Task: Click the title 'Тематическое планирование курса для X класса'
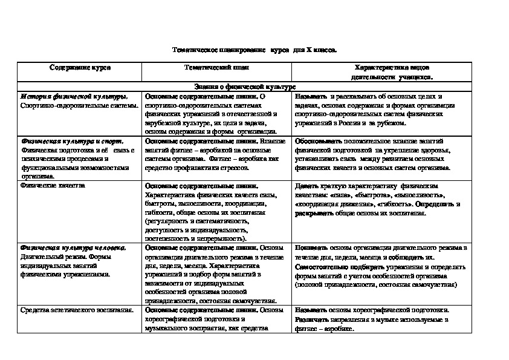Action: [254, 51]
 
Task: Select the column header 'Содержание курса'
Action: [80, 68]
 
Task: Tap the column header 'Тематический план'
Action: [216, 68]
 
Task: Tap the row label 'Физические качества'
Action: [53, 186]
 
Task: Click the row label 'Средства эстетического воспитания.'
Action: [76, 310]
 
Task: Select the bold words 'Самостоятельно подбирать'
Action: [331, 266]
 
